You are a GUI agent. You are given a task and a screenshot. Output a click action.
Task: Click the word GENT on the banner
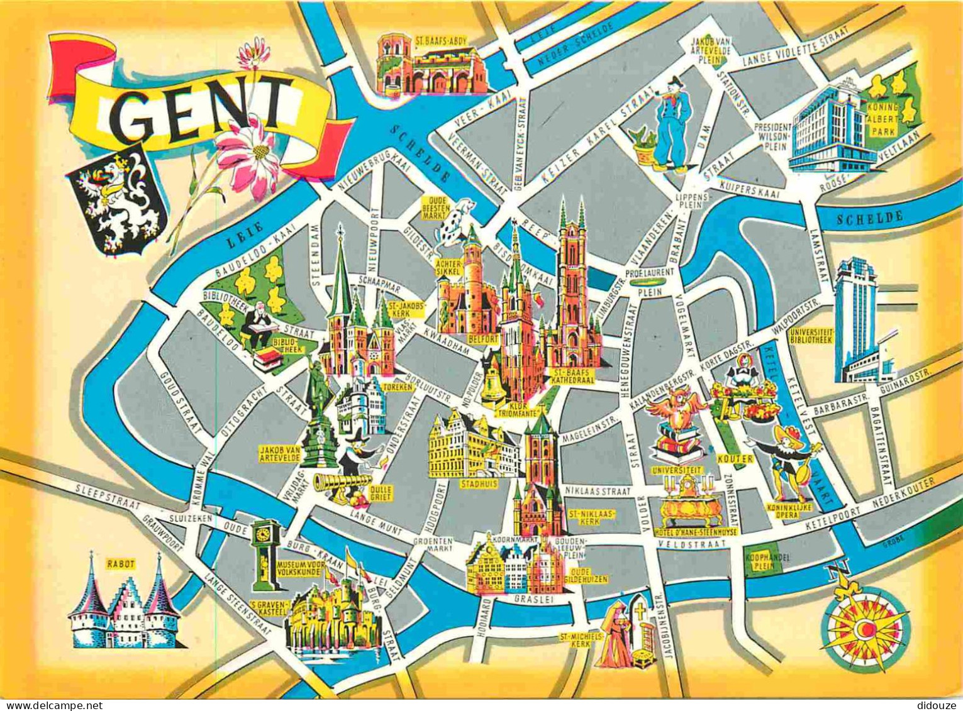coord(200,107)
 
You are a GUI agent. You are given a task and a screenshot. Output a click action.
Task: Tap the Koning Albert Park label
coord(886,118)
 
